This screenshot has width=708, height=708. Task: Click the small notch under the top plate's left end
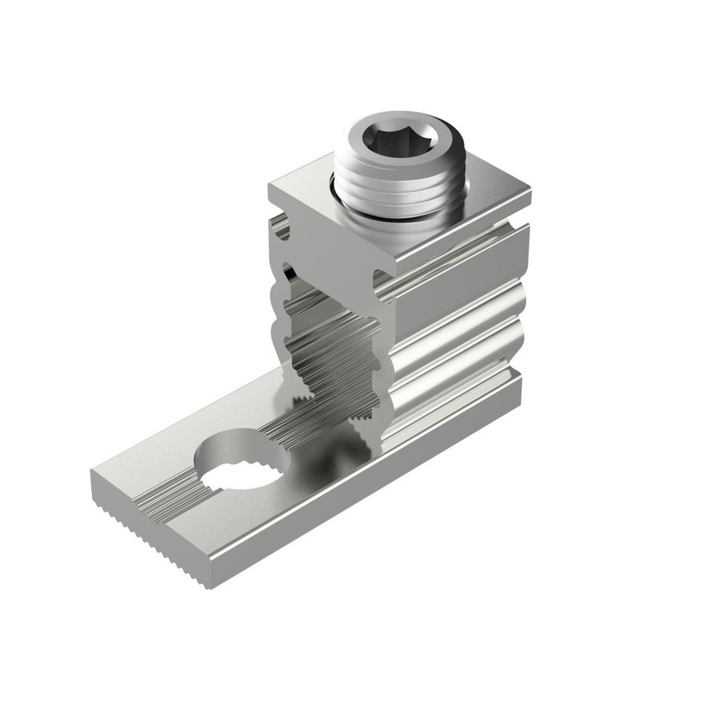pyautogui.click(x=282, y=229)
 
